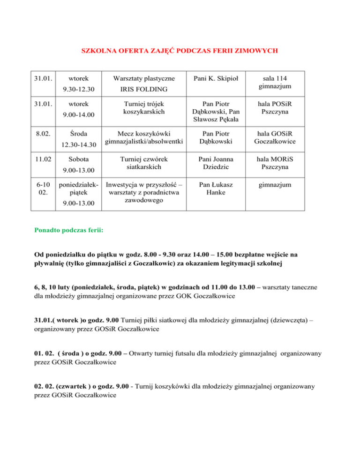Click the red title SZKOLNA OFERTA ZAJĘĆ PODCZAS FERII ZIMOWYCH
point(180,50)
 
